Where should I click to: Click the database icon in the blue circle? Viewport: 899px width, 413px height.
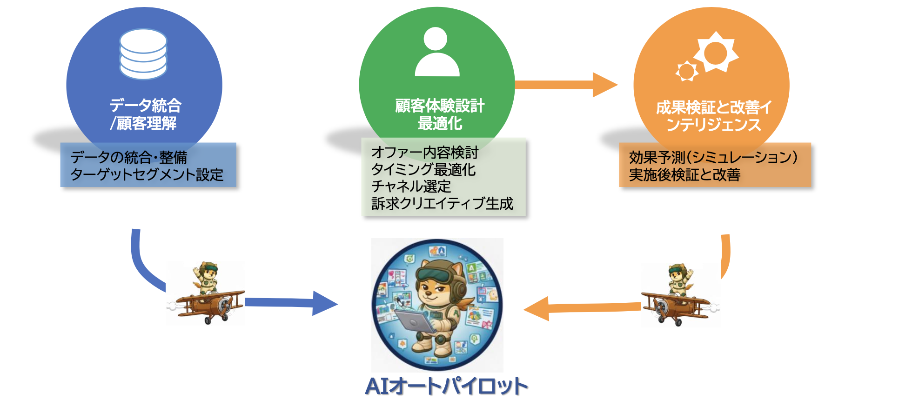pos(143,54)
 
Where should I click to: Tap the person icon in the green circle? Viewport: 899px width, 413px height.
pos(436,53)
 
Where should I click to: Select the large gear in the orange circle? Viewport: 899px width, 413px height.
pos(715,53)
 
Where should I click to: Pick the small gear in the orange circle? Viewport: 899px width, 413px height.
pos(686,71)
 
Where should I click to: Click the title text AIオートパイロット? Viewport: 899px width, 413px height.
pos(446,386)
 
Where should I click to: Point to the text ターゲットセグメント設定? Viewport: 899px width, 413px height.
pos(147,175)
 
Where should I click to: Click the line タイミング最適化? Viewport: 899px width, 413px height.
pos(423,169)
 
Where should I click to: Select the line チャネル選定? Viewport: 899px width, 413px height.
pos(411,187)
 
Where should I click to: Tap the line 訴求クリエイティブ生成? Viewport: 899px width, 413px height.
pos(442,204)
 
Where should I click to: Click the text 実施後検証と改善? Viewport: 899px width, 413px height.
pos(684,175)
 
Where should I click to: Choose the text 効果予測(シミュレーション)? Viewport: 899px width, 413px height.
pos(713,158)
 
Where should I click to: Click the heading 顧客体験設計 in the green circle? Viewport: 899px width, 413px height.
pos(439,106)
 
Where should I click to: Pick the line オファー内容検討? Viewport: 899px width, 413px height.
pos(424,152)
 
